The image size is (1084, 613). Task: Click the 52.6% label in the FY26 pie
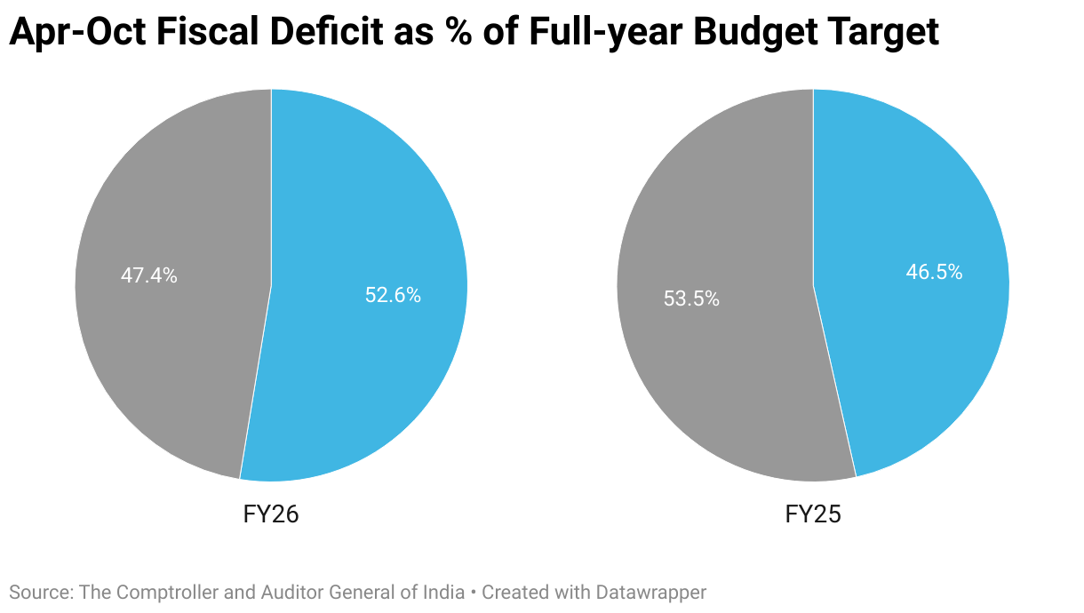[x=393, y=296]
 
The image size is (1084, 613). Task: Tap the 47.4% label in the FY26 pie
[x=149, y=275]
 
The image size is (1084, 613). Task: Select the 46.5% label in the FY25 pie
[x=934, y=272]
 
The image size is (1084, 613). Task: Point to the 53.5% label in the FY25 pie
[x=691, y=299]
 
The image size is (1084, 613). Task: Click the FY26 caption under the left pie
[x=271, y=514]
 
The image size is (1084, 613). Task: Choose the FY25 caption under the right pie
[x=813, y=514]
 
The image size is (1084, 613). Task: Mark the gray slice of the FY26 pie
[x=169, y=355]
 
